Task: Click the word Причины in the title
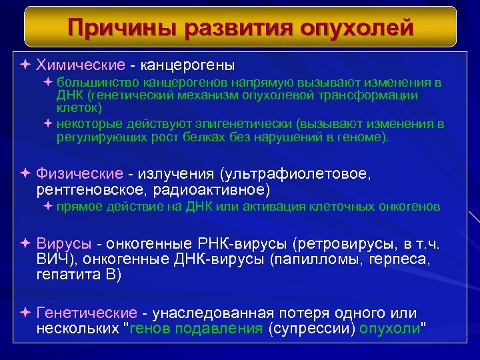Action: tap(122, 28)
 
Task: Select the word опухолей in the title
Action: tap(357, 28)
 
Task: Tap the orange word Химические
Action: tap(81, 65)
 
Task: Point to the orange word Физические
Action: tap(79, 174)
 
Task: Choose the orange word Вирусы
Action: tap(64, 241)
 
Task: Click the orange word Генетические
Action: tap(87, 313)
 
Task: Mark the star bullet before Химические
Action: tap(25, 65)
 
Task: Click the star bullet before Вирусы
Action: tap(25, 241)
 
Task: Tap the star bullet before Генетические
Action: tap(25, 313)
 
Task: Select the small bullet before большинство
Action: tap(48, 83)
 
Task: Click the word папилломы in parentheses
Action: tap(307, 258)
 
